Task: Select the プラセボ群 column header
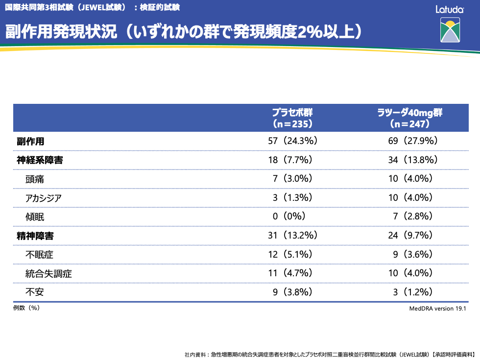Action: click(292, 118)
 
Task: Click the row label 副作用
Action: click(30, 141)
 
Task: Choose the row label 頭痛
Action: click(35, 179)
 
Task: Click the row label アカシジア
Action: click(44, 197)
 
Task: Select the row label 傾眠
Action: click(35, 216)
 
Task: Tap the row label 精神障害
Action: click(35, 236)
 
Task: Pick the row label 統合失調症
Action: click(48, 273)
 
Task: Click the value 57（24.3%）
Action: click(292, 141)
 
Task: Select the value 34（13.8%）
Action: click(412, 160)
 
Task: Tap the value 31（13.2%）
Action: click(292, 236)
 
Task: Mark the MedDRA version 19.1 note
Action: click(438, 309)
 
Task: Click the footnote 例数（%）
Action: click(26, 308)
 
